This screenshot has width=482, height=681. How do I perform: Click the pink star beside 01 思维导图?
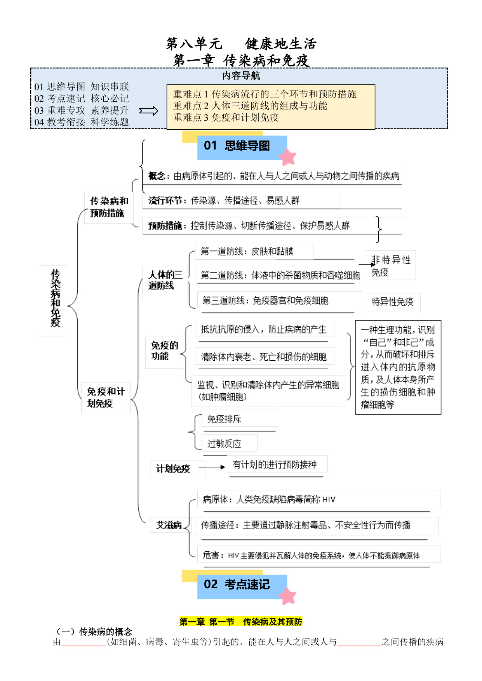pos(287,157)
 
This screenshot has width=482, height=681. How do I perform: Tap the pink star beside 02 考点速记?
pos(287,596)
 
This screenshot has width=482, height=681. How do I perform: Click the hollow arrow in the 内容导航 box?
pos(149,111)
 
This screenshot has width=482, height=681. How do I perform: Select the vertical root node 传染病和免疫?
pos(55,301)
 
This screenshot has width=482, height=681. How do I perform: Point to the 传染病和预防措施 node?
pos(109,207)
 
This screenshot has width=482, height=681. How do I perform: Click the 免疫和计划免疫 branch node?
pos(106,398)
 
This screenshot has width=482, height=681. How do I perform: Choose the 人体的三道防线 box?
pos(165,280)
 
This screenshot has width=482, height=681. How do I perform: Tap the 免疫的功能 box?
pos(165,351)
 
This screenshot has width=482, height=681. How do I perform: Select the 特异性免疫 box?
pos(393,302)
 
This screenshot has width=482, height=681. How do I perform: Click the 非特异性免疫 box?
pos(391,266)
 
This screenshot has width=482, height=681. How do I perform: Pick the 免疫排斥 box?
pos(240,419)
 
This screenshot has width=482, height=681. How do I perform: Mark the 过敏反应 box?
pos(229,443)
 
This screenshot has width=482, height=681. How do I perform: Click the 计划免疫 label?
pos(173,469)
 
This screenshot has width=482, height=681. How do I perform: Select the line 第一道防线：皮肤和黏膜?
pos(247,252)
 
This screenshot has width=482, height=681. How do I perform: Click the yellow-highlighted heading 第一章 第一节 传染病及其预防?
pos(241,622)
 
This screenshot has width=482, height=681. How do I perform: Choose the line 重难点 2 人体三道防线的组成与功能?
pos(250,106)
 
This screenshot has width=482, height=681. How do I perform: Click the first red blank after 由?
pos(84,643)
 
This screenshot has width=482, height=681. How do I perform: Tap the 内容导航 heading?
pos(241,75)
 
